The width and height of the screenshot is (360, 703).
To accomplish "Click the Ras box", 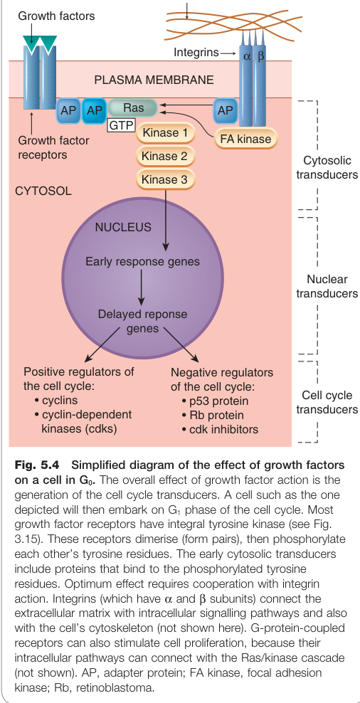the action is pos(133,108).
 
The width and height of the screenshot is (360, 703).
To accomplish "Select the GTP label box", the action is pos(122,125).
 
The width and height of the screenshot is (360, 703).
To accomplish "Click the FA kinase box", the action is pos(245,139).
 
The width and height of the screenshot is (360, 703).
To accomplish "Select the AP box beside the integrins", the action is pos(225,110).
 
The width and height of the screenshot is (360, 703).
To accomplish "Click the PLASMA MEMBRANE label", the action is pos(154,80).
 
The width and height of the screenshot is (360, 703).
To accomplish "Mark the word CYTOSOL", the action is pos(43,191).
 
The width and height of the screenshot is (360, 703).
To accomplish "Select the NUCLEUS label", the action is pos(123,227).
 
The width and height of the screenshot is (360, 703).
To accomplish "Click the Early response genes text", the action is pos(142,261).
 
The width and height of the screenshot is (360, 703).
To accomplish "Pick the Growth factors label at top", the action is pos(56,16).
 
